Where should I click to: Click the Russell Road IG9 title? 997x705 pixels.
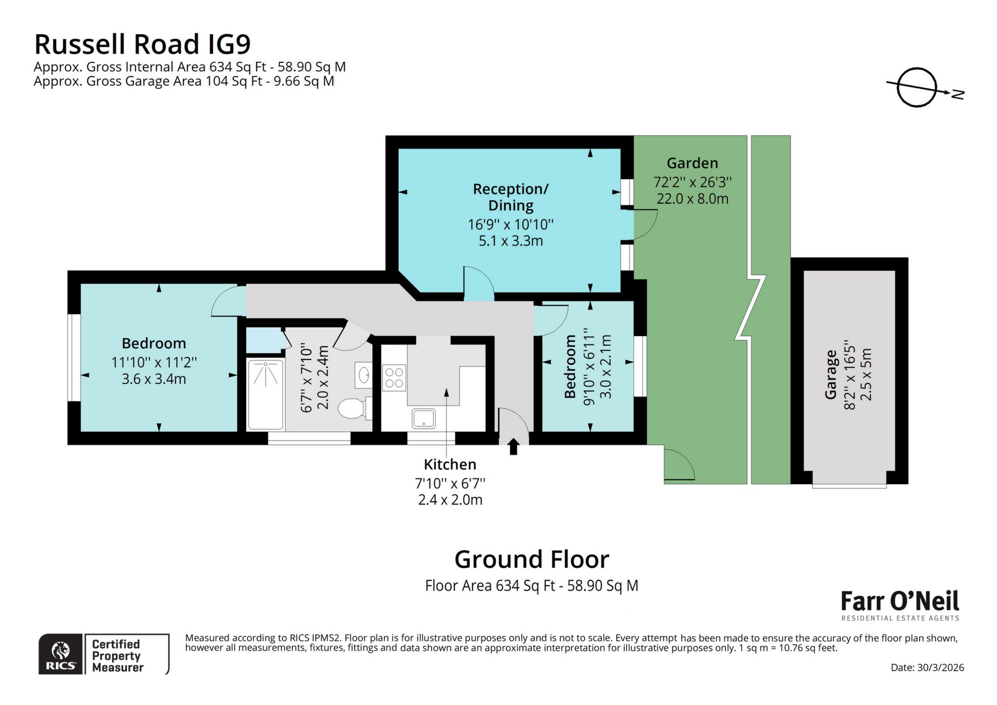click(x=142, y=44)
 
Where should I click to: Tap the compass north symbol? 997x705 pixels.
click(x=918, y=88)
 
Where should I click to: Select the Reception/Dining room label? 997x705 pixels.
click(x=510, y=197)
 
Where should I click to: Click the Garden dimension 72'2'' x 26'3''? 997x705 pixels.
click(x=692, y=182)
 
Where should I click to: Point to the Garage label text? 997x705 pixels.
click(x=831, y=374)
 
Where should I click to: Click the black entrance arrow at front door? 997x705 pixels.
click(x=514, y=446)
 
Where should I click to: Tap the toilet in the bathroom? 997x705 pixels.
click(x=352, y=408)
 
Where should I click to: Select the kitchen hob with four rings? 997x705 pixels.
click(x=394, y=378)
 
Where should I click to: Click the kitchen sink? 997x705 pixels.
click(x=424, y=418)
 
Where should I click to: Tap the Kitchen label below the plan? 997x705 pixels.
click(x=450, y=464)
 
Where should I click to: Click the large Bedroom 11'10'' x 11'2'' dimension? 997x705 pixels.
click(x=154, y=363)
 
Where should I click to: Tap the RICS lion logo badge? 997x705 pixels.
click(x=61, y=655)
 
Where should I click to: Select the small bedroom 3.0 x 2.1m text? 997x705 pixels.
click(x=606, y=366)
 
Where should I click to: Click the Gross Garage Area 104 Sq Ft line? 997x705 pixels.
click(x=184, y=82)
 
